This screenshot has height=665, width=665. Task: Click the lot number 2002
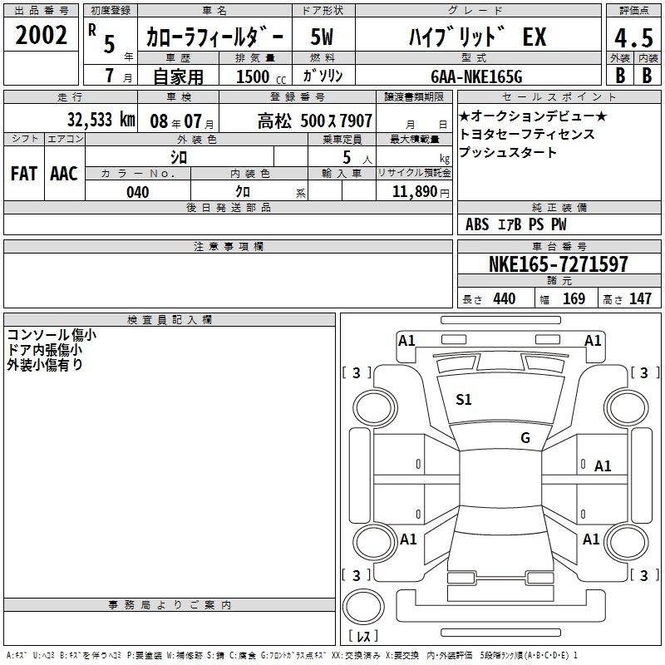pos(41,35)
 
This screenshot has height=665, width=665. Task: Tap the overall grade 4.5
pos(633,37)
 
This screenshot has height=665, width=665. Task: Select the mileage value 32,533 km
pos(101,120)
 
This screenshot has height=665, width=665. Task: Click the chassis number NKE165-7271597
pos(558,264)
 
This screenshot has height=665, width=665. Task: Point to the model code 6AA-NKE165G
pos(476,76)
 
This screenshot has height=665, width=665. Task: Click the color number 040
pos(138,192)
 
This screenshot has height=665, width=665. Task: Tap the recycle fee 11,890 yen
pos(421,192)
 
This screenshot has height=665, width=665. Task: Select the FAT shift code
pos(24,174)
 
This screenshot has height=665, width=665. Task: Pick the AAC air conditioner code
pos(64,174)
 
